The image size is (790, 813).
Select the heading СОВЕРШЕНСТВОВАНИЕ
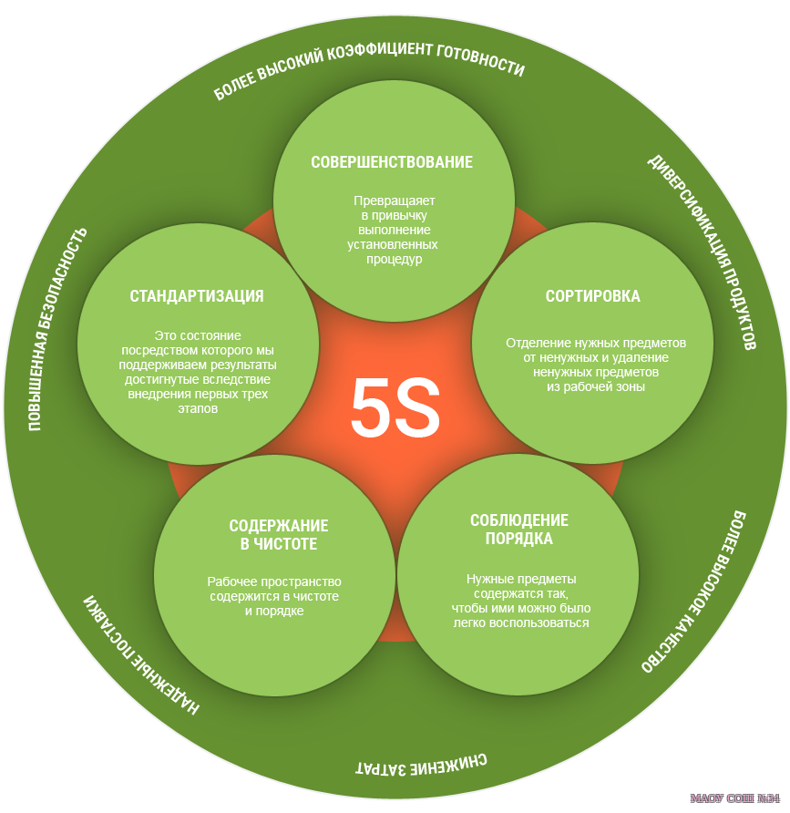tap(392, 163)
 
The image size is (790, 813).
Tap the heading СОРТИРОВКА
tap(592, 296)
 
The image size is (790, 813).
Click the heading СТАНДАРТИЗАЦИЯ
tap(197, 296)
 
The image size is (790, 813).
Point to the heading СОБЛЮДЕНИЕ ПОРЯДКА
tap(519, 529)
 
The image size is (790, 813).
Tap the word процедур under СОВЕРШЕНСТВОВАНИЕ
tap(395, 259)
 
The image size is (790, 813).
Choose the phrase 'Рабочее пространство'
tap(274, 581)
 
